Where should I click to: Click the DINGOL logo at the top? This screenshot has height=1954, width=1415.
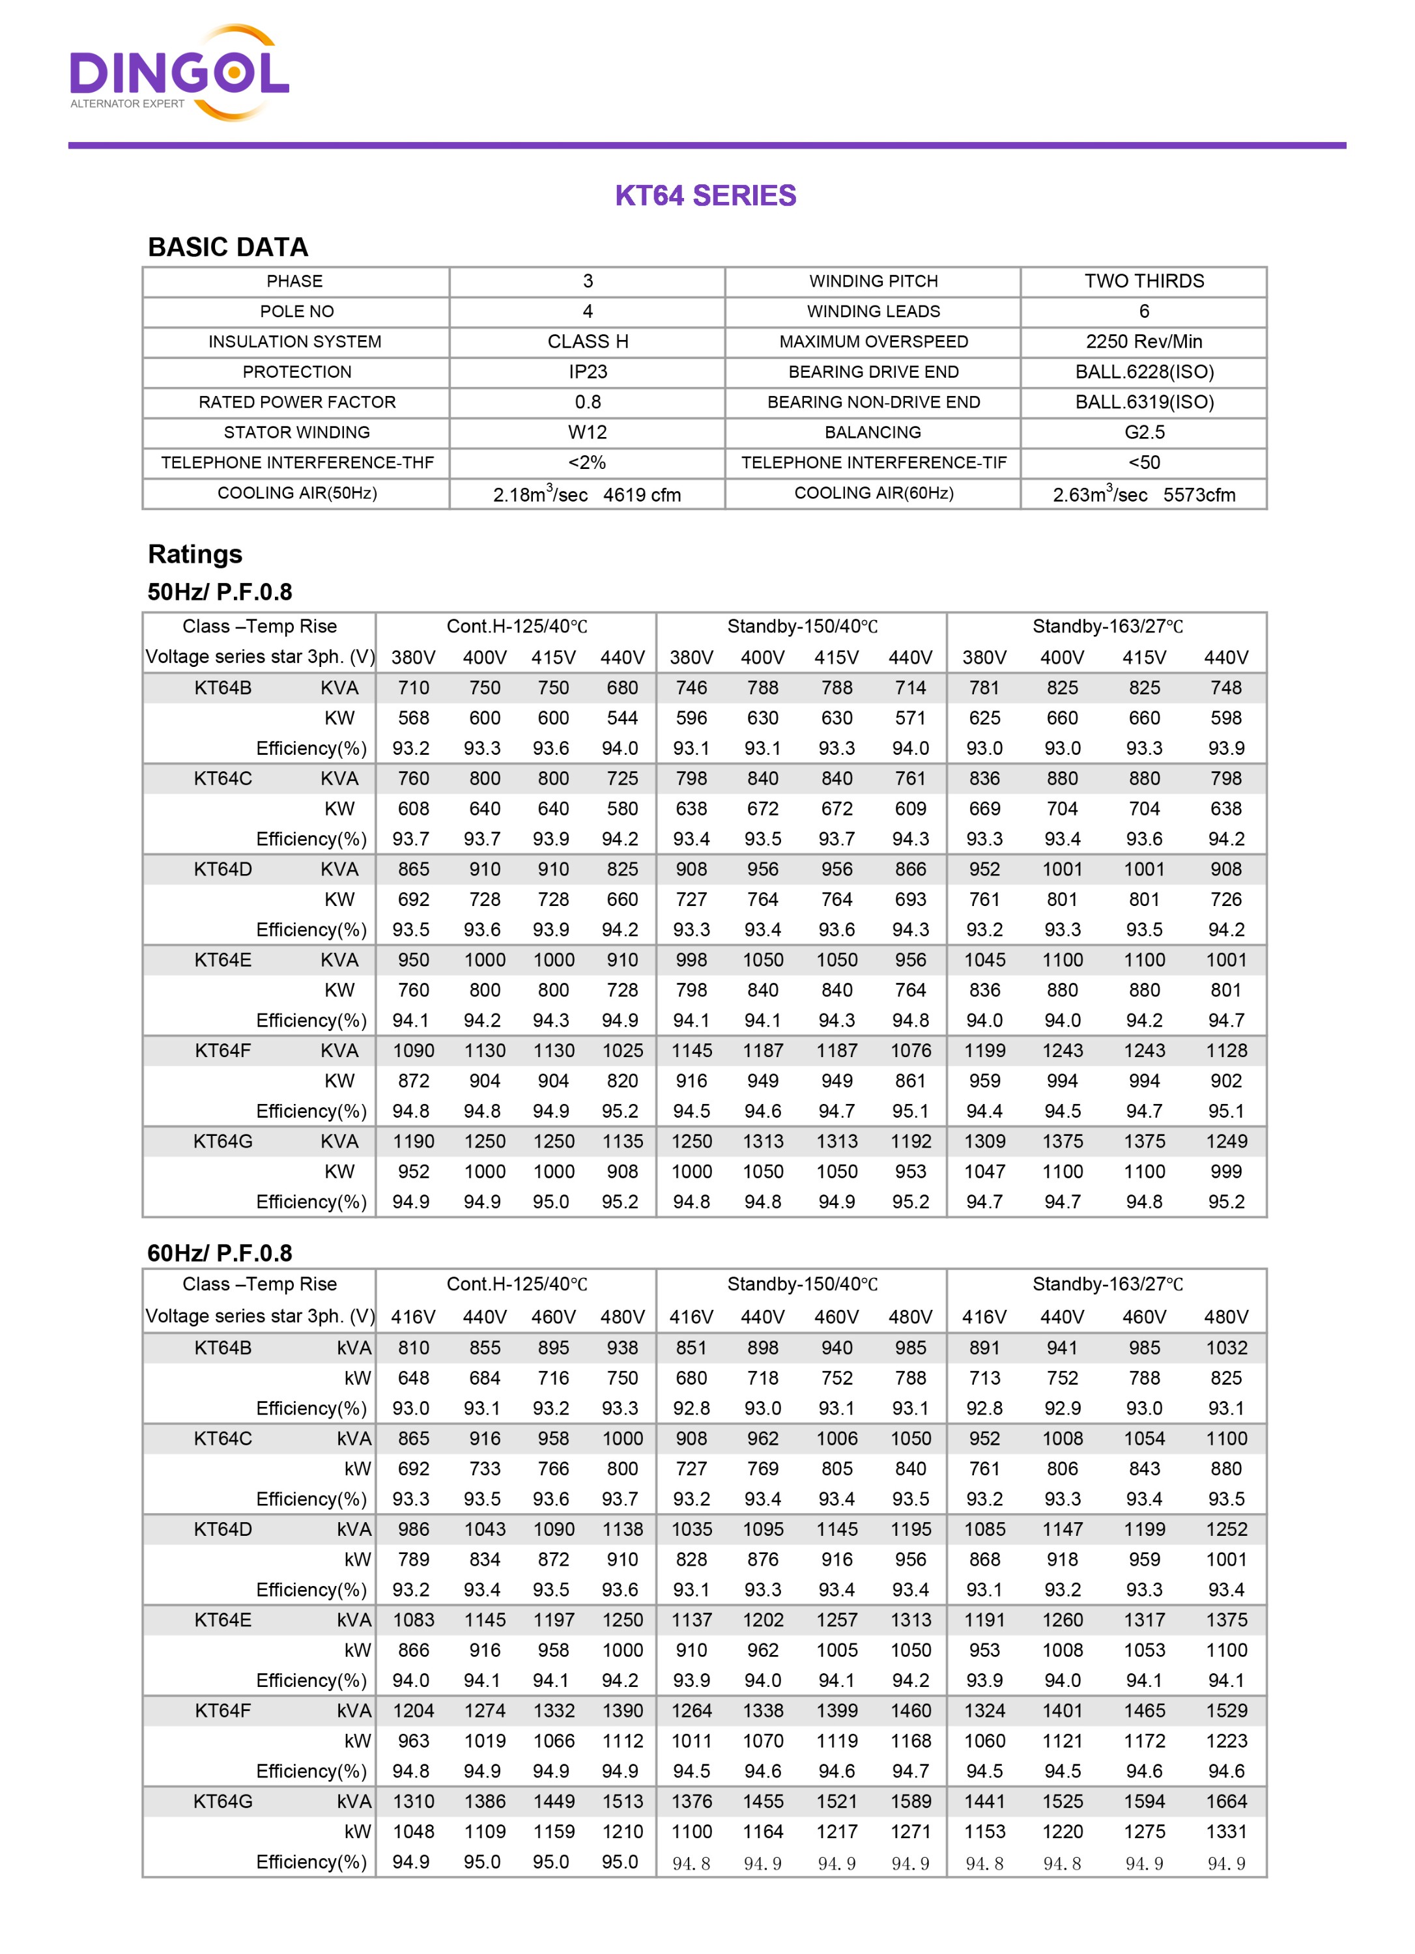(x=179, y=73)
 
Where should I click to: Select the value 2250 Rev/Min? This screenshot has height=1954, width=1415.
(x=1143, y=342)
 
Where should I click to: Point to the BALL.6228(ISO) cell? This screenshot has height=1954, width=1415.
(x=1143, y=372)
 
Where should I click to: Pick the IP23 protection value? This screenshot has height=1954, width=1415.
(x=588, y=372)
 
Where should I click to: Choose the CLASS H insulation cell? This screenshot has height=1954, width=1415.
(x=588, y=342)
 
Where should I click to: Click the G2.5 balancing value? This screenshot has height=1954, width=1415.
(x=1143, y=432)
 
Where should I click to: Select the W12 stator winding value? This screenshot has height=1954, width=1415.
(x=588, y=432)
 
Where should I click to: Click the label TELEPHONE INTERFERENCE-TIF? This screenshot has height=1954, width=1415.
(x=873, y=462)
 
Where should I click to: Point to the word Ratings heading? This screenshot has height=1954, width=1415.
(x=195, y=554)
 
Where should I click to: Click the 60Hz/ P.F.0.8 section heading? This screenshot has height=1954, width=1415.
(x=220, y=1253)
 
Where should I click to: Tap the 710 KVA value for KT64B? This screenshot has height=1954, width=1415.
(x=414, y=688)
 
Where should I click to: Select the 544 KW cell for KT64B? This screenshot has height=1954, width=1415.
(x=622, y=718)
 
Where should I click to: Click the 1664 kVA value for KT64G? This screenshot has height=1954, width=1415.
(x=1226, y=1802)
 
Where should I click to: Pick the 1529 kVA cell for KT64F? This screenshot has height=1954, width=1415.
(x=1226, y=1711)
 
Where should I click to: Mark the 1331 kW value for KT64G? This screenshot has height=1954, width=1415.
(x=1226, y=1832)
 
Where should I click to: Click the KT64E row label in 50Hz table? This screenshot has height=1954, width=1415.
(x=223, y=961)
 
